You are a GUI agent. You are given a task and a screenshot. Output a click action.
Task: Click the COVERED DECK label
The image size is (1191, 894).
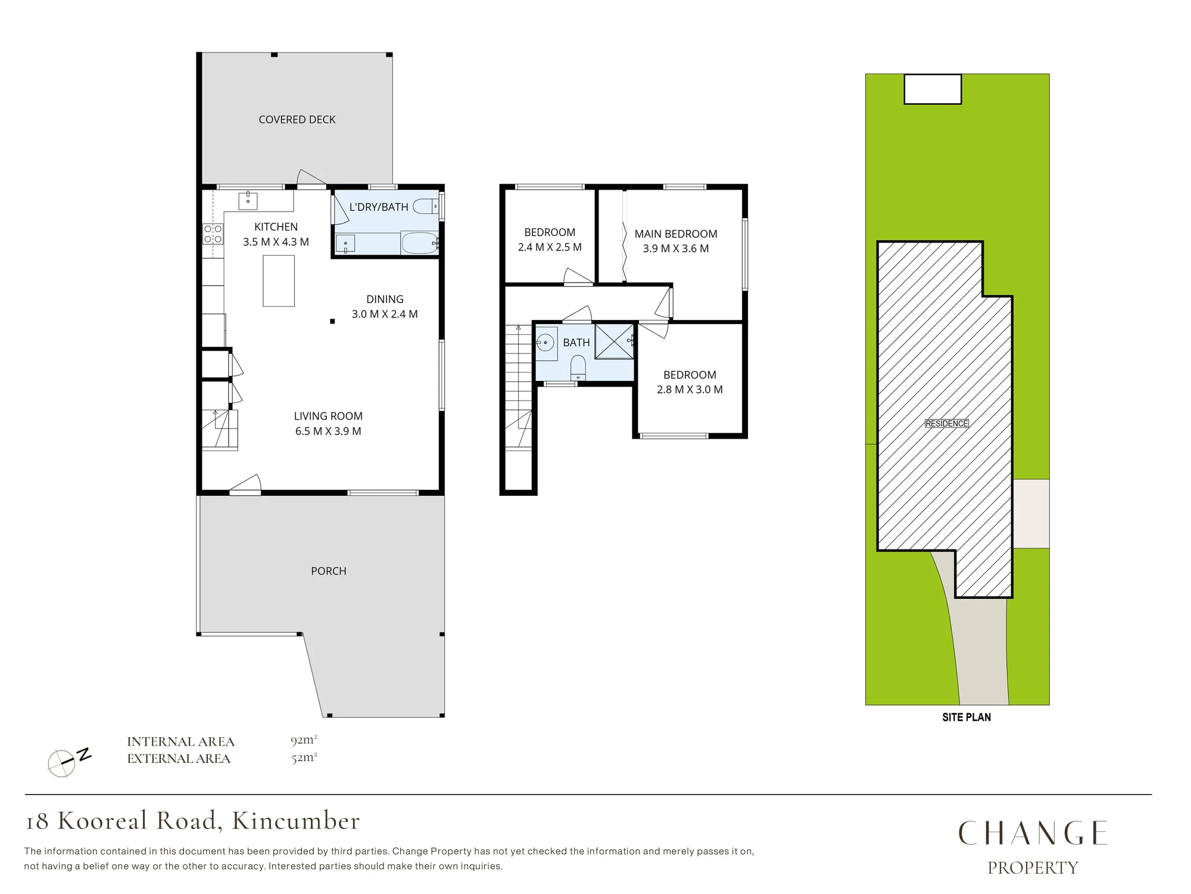click(x=297, y=120)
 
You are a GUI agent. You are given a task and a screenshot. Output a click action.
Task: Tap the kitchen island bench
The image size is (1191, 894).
click(x=279, y=281)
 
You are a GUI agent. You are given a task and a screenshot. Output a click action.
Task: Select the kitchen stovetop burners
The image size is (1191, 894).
click(x=213, y=234)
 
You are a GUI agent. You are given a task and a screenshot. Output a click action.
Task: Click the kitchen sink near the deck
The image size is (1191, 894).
click(x=248, y=201)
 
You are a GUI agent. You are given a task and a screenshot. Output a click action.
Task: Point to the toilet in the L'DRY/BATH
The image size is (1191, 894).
click(x=426, y=207)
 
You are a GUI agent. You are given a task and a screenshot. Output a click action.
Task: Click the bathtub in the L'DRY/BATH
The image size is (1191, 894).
click(x=420, y=243)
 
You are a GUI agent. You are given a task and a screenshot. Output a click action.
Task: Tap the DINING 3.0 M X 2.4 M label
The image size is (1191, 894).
click(x=385, y=307)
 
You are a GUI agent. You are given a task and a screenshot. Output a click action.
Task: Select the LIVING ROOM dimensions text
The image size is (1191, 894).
click(x=328, y=432)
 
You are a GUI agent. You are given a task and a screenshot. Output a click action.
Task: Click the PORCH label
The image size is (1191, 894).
click(x=329, y=571)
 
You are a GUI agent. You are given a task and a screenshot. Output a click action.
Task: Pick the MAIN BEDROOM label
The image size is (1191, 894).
click(x=676, y=234)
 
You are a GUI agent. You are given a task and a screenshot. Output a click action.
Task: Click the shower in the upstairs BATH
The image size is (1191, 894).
click(x=615, y=342)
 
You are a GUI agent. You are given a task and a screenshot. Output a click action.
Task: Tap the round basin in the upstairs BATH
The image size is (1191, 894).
click(x=545, y=343)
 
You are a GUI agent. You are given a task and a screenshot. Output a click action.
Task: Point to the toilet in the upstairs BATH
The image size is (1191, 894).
click(x=578, y=368)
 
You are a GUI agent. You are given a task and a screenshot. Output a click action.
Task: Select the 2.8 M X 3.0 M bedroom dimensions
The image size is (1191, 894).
click(x=690, y=390)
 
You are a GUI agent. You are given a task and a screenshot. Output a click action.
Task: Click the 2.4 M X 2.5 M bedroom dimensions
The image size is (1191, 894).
click(x=550, y=247)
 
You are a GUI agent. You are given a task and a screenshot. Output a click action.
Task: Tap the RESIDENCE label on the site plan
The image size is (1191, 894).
click(x=947, y=424)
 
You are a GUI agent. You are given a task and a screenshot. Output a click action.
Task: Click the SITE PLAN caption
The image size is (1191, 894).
click(x=966, y=717)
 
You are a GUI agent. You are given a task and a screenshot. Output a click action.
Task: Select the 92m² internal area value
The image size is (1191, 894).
click(x=304, y=741)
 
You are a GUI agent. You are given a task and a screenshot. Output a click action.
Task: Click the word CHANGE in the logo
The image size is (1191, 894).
click(x=1033, y=833)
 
